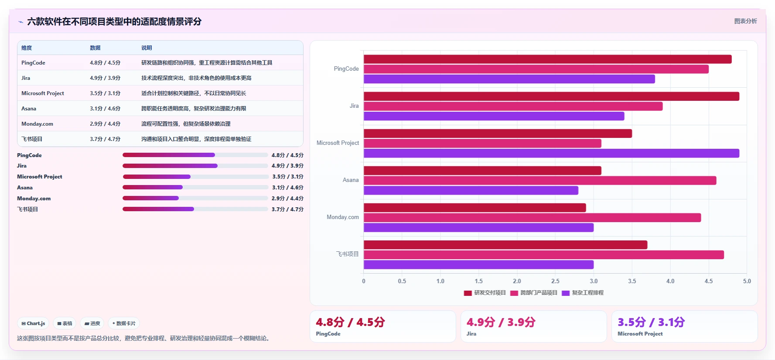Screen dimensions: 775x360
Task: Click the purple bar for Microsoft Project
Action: point(551,153)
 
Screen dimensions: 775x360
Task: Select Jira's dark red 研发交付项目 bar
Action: point(551,96)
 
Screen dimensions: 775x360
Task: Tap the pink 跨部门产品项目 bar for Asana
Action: point(540,181)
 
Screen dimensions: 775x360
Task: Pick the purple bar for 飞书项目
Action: point(478,264)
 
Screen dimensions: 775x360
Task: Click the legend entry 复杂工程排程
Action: point(583,293)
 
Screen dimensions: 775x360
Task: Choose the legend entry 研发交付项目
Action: point(485,293)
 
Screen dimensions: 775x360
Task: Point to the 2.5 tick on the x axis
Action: point(555,281)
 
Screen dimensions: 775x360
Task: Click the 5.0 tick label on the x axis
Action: point(747,281)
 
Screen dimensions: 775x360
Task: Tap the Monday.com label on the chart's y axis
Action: point(343,217)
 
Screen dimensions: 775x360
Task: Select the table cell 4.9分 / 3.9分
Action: point(105,78)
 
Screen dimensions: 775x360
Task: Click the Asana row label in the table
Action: point(29,109)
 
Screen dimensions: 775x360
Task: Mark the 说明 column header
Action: point(147,48)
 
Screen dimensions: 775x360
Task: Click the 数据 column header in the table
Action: point(95,48)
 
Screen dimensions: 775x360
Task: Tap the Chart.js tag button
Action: point(33,323)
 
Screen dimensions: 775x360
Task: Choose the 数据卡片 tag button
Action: point(124,323)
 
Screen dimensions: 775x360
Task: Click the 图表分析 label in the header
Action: point(746,21)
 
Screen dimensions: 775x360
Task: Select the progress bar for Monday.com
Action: point(195,198)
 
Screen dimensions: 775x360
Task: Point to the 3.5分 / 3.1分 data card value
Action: point(651,322)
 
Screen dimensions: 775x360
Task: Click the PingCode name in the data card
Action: point(328,334)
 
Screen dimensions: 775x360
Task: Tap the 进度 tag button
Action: point(92,323)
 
